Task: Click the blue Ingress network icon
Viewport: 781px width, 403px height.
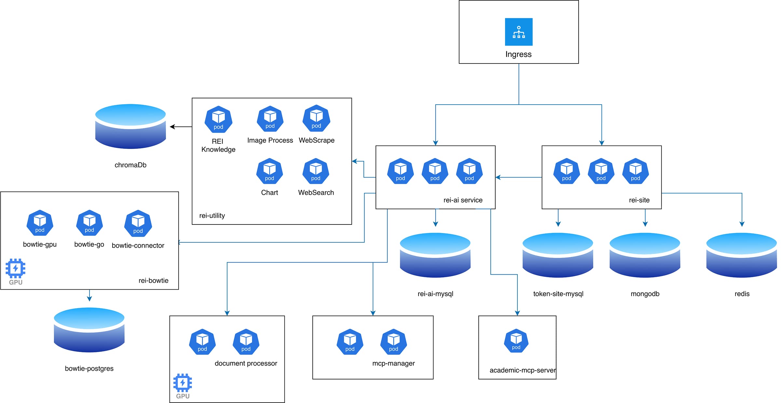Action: pos(518,32)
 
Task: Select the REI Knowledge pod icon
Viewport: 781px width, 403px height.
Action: pos(218,119)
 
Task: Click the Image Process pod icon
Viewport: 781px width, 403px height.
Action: pos(270,119)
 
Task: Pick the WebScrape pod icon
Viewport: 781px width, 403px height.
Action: pos(316,118)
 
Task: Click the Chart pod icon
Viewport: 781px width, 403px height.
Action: pos(269,171)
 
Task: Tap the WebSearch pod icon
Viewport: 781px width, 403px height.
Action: pos(316,171)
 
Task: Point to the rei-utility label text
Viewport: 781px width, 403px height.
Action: pos(212,216)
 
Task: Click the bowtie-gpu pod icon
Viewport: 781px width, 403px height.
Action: pos(40,223)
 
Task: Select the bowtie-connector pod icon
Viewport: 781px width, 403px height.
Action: pos(138,223)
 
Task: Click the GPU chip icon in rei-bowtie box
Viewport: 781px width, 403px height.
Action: pos(15,268)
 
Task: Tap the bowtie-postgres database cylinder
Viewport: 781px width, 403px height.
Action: pos(89,330)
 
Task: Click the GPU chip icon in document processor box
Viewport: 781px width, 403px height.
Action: pos(183,383)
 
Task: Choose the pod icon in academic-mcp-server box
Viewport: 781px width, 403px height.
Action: pos(516,341)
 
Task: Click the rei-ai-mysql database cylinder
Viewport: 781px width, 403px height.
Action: pos(435,255)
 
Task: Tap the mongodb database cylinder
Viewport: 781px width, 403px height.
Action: pos(645,255)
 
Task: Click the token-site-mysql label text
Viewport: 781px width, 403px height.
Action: pos(558,294)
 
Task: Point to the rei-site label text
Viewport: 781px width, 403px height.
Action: pos(639,200)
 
